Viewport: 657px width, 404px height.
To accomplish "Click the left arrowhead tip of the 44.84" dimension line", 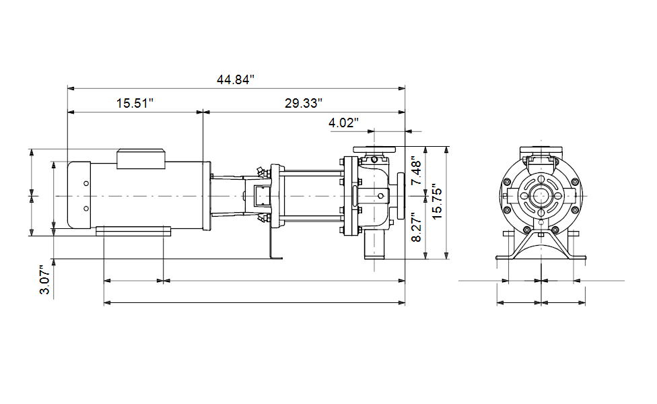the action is tap(68, 88).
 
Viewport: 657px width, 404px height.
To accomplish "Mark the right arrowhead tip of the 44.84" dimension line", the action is tap(405, 88).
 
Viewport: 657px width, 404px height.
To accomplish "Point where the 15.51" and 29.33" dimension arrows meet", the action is tap(203, 112).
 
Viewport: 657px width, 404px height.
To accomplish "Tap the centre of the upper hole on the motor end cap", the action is tap(86, 183).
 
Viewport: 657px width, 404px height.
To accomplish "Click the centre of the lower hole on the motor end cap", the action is tap(86, 208).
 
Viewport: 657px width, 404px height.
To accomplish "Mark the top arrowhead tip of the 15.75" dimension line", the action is tap(447, 147).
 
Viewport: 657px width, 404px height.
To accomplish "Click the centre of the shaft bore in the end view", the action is tap(541, 196).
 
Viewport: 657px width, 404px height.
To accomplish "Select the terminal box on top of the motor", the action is tap(141, 159).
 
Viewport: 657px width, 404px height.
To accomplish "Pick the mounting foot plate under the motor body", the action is tap(133, 231).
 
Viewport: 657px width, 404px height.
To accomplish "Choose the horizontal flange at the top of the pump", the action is tap(374, 149).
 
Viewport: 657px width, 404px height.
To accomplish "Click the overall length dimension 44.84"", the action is tap(236, 79).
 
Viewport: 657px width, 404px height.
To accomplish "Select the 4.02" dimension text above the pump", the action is tap(343, 123).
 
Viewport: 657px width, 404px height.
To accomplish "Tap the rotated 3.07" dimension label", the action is tap(45, 279).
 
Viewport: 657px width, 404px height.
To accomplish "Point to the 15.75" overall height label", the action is tap(437, 201).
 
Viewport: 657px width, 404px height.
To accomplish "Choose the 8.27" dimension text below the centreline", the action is tap(416, 227).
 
